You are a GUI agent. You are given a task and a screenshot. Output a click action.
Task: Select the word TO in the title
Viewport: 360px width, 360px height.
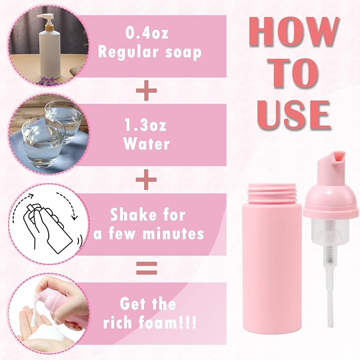(293, 74)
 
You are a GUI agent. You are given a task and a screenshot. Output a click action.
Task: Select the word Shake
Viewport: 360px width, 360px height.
(133, 215)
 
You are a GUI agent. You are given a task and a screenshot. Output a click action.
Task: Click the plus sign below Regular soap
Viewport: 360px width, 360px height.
(146, 91)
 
